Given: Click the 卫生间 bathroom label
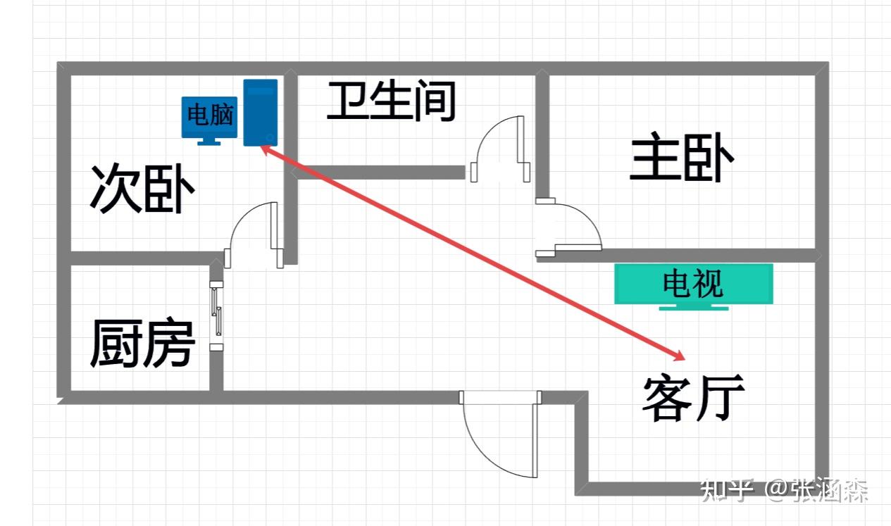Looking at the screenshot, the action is pyautogui.click(x=392, y=101).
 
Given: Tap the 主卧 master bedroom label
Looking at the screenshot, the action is pyautogui.click(x=682, y=160).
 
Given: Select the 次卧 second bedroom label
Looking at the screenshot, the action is pyautogui.click(x=142, y=189).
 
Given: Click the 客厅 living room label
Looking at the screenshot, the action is pyautogui.click(x=693, y=398).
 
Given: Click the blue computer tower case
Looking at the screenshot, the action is pyautogui.click(x=260, y=113).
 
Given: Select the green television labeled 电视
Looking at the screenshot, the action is pyautogui.click(x=693, y=284).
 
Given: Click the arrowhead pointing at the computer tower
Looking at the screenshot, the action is pyautogui.click(x=266, y=148).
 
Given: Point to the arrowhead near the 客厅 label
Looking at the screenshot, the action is pyautogui.click(x=678, y=354).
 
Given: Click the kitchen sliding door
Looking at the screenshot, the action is pyautogui.click(x=217, y=315).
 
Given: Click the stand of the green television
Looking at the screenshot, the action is pyautogui.click(x=693, y=307).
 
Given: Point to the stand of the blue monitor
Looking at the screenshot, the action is pyautogui.click(x=208, y=141).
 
